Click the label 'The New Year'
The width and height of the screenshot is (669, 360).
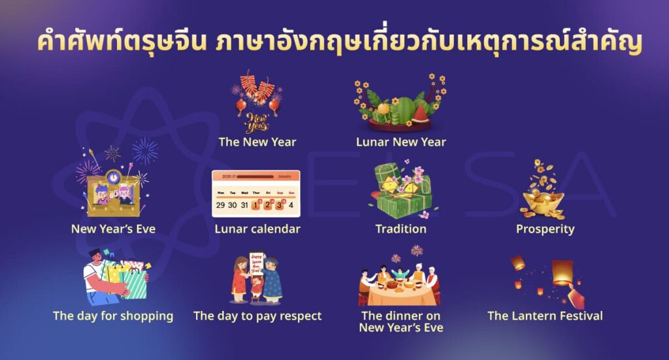(257, 142)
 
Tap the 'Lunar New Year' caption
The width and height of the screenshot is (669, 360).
(400, 142)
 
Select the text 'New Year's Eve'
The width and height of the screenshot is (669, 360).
(114, 229)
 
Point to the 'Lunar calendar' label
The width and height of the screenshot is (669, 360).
(257, 229)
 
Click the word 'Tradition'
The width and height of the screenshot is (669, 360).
(400, 229)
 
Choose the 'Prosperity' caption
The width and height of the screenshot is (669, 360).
(545, 229)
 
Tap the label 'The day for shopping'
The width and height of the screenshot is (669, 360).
(113, 316)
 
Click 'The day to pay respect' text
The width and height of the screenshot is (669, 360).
(257, 316)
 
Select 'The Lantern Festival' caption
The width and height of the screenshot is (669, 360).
(545, 316)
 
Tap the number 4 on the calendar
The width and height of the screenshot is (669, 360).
(291, 205)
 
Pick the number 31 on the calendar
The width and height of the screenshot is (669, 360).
(244, 205)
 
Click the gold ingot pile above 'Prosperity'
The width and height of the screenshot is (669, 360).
(542, 203)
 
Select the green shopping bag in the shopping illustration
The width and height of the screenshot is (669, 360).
(134, 284)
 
